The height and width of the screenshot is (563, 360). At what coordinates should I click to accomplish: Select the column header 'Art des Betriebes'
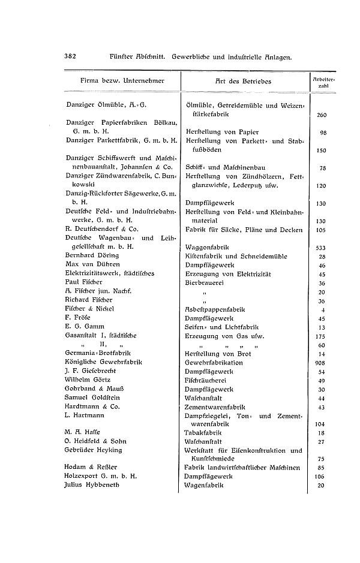pos(243,81)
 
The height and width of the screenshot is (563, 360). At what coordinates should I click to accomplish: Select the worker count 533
pos(321,247)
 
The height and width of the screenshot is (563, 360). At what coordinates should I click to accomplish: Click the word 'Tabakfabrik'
pos(202,433)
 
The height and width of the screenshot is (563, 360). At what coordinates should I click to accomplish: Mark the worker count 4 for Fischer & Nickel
pos(323,309)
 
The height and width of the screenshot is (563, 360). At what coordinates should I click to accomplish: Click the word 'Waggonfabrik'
pos(205,247)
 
